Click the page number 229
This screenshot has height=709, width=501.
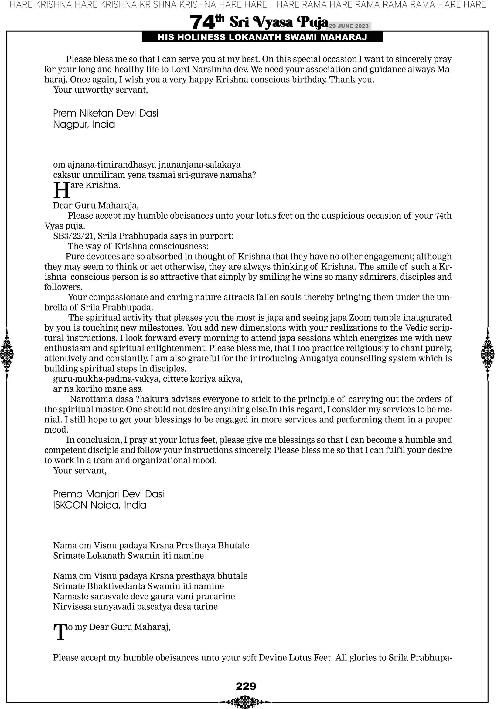(x=246, y=686)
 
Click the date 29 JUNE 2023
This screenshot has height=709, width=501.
(x=348, y=26)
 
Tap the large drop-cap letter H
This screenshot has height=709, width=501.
(x=61, y=190)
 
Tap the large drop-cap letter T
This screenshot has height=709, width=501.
(x=60, y=632)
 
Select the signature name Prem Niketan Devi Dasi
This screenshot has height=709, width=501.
(x=105, y=113)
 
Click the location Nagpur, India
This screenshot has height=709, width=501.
(x=84, y=124)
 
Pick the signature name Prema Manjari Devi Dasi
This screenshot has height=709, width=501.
(x=108, y=494)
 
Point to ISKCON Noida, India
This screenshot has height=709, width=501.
(x=100, y=505)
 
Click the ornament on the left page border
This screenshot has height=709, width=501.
(x=7, y=354)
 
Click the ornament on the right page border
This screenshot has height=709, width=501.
(x=488, y=354)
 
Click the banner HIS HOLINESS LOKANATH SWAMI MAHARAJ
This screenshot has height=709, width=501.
(x=262, y=37)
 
